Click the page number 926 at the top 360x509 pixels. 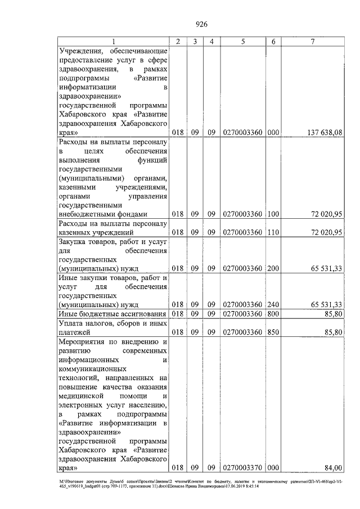[201, 23]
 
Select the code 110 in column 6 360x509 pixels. [273, 232]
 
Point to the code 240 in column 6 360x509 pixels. [273, 304]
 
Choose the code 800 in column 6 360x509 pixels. [273, 313]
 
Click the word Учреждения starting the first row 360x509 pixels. [81, 51]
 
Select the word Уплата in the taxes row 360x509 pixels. [71, 323]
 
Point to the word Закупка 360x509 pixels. [74, 241]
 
